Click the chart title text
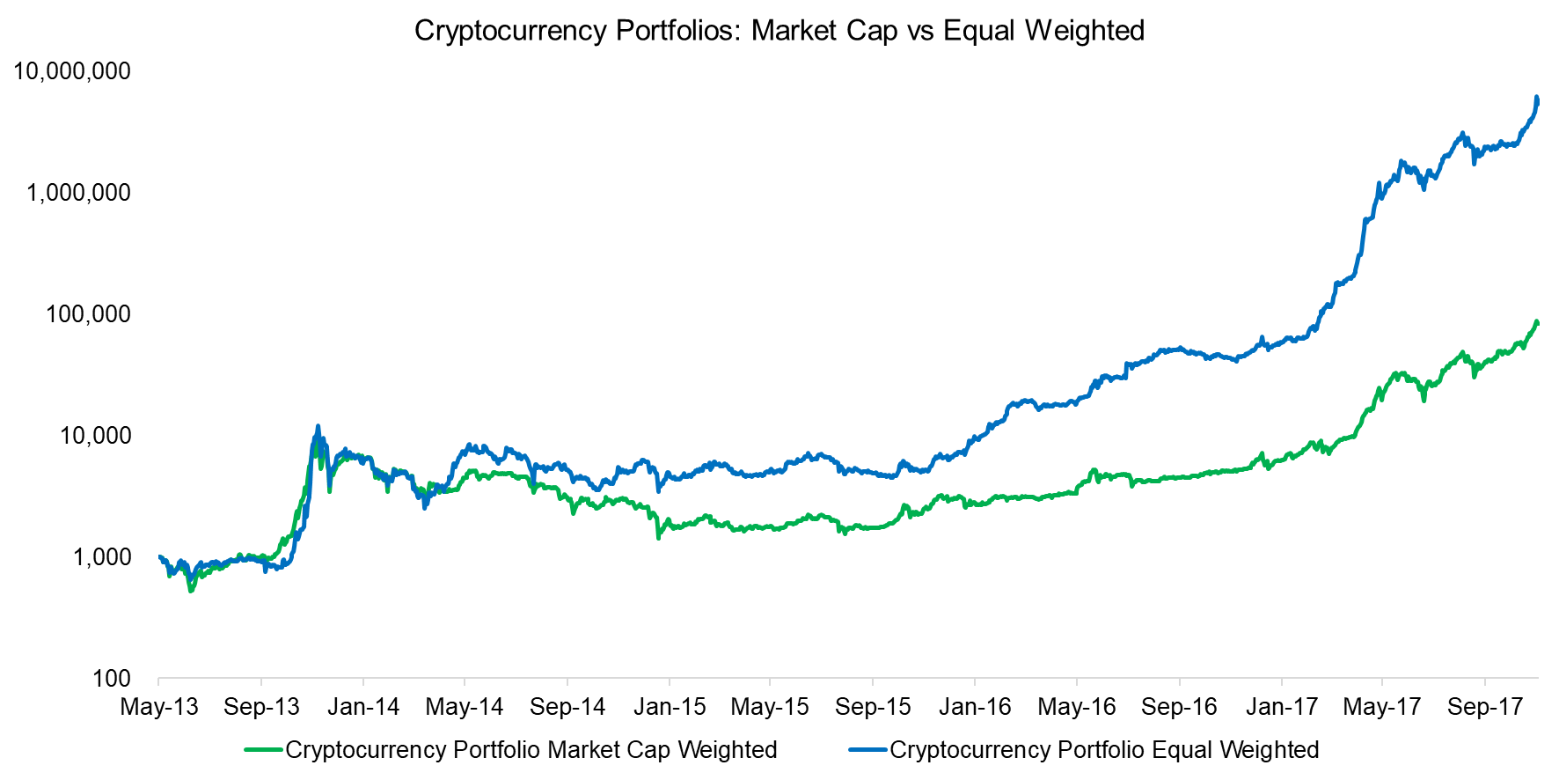[779, 31]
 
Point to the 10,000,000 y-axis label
[72, 71]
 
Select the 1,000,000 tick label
[78, 193]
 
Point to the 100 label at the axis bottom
[111, 679]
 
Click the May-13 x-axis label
[159, 707]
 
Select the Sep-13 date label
[261, 707]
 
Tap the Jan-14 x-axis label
[363, 707]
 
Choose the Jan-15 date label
[670, 707]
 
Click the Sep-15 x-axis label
[873, 707]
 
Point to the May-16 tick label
[1077, 707]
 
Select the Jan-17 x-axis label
[1281, 707]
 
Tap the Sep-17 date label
[1485, 707]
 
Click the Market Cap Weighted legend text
[531, 750]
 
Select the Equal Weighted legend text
[1104, 750]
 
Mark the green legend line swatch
[263, 750]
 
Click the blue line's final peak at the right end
[1536, 98]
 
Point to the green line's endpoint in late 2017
[1537, 322]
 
